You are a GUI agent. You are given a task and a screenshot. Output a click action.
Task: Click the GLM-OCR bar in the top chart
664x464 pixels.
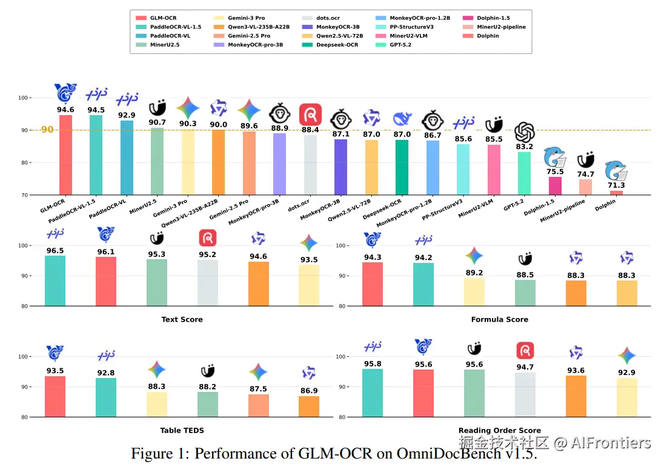click(65, 155)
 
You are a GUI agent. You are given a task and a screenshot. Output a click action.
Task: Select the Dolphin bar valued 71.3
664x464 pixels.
click(616, 193)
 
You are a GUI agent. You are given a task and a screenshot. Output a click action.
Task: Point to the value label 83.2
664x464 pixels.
click(525, 147)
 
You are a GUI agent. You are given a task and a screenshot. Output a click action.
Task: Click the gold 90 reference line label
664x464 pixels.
click(47, 130)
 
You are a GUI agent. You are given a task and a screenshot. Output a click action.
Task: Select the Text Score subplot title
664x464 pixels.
click(182, 319)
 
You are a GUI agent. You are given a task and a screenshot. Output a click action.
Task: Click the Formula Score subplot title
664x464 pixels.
click(499, 319)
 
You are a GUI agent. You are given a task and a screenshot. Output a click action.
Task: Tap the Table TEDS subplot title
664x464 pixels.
click(182, 430)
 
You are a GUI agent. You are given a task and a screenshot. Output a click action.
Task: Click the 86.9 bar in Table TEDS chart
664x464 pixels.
click(309, 406)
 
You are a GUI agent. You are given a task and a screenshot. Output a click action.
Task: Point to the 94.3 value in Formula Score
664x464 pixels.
click(373, 257)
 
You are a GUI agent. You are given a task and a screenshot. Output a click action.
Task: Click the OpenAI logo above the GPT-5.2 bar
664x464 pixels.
click(525, 131)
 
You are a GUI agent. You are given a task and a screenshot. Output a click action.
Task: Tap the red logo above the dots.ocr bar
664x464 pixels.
click(310, 114)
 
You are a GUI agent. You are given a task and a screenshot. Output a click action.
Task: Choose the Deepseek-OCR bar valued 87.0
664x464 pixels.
click(402, 167)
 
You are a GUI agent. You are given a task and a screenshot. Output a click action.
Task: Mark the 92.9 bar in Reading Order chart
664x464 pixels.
click(627, 397)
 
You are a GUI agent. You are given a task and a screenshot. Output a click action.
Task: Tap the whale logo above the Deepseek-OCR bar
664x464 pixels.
click(402, 119)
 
